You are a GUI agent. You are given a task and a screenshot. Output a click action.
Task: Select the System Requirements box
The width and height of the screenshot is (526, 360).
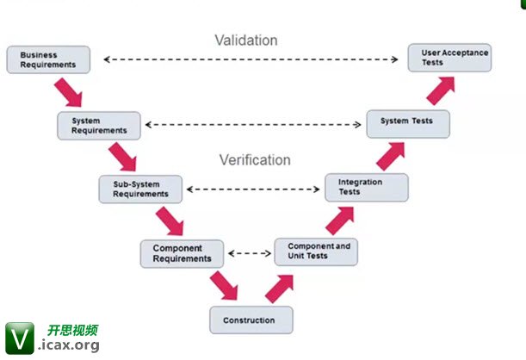coord(98,125)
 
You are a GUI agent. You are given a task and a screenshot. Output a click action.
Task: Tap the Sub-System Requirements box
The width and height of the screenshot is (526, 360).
coord(140,189)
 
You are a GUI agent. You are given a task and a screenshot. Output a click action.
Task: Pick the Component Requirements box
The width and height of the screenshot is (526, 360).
coord(182,253)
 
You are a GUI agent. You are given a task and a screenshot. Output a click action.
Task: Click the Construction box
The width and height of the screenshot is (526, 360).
coord(251,320)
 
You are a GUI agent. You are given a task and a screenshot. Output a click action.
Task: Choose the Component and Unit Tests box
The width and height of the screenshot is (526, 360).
coord(316,251)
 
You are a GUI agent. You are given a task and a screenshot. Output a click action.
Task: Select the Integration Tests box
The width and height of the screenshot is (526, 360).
coord(366,187)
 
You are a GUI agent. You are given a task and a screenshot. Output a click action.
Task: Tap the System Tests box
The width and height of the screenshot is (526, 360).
coord(408,123)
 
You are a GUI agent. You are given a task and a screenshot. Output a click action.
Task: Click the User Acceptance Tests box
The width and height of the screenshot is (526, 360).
coord(450,58)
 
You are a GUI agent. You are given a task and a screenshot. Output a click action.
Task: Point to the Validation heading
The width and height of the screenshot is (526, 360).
coord(246,40)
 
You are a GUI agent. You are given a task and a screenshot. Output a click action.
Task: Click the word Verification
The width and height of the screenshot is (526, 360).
coord(255,160)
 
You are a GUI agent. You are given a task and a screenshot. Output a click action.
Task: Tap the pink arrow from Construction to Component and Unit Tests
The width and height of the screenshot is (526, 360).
coord(280,287)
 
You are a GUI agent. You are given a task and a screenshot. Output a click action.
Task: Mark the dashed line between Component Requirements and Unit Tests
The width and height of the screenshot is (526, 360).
coord(249,253)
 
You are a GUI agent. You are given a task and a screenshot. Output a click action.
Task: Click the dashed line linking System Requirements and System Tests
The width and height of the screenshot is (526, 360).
coord(253,125)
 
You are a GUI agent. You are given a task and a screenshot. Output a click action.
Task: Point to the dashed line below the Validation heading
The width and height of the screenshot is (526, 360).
coord(255,59)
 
